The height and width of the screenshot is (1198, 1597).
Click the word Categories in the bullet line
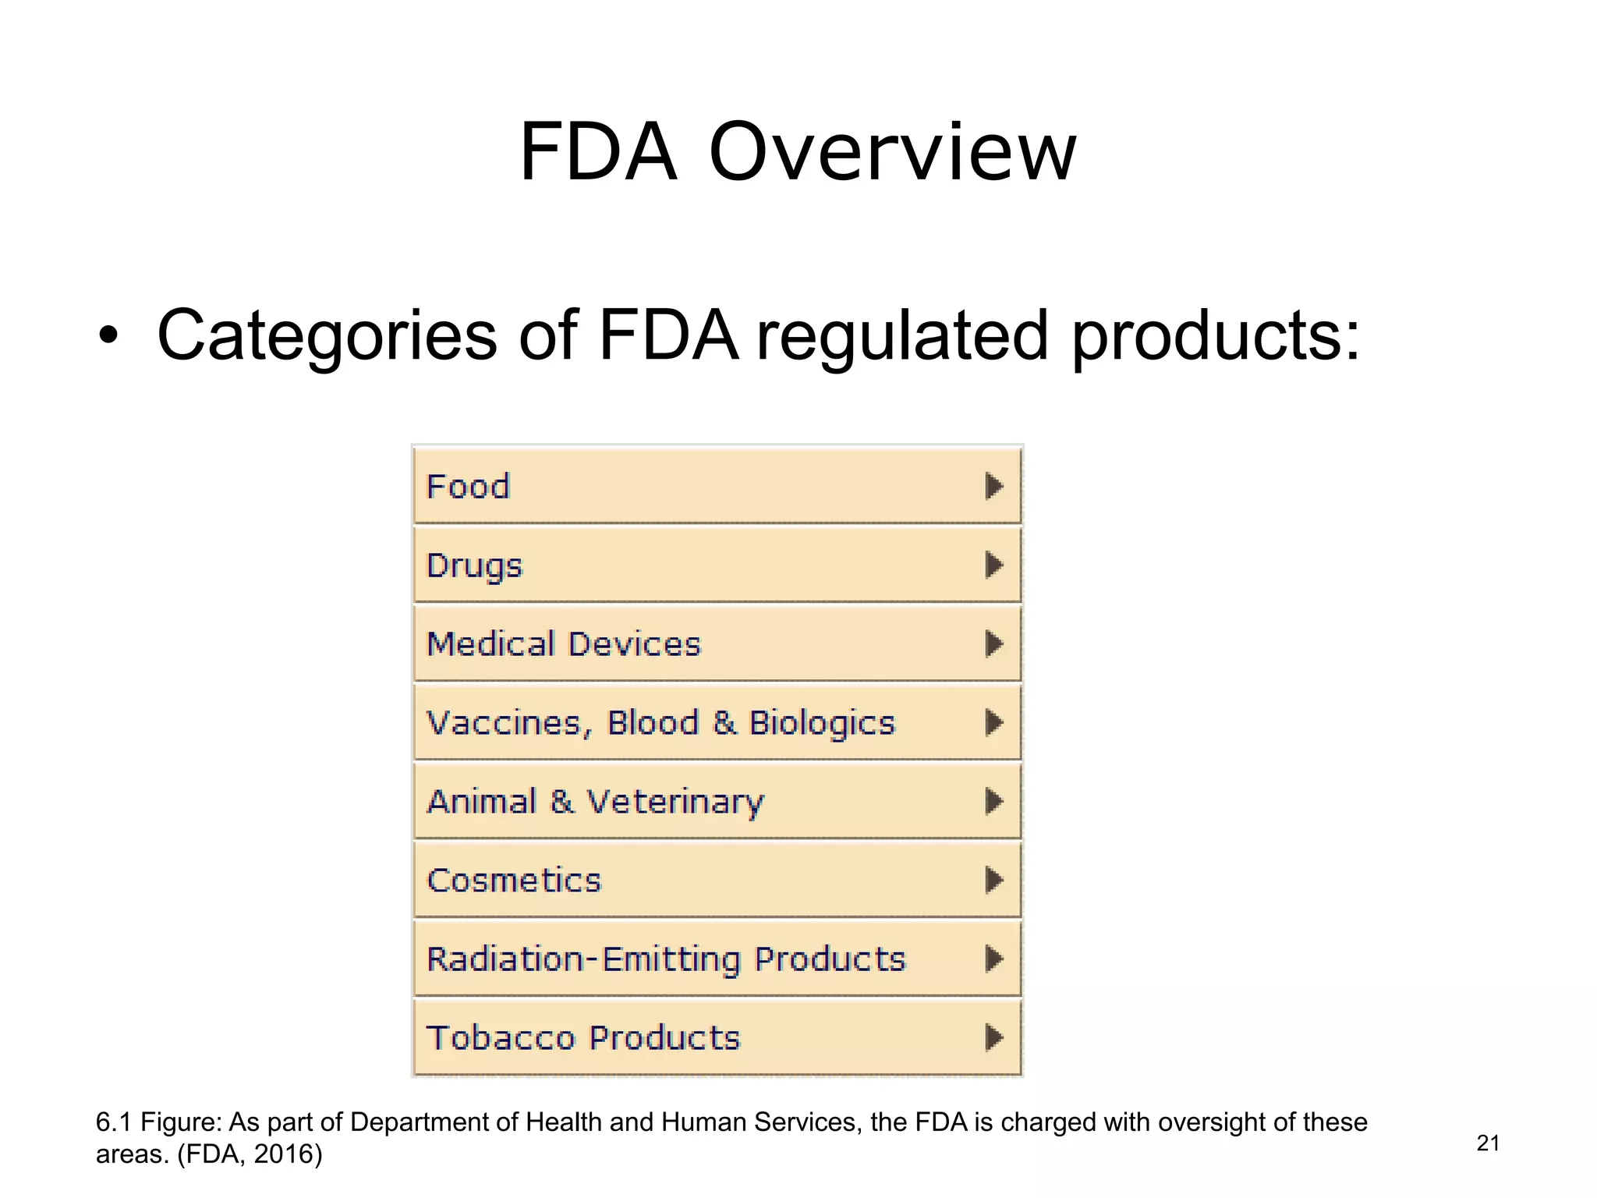click(x=327, y=335)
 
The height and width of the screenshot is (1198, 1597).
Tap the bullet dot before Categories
click(x=108, y=336)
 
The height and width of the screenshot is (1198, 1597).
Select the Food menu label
click(x=468, y=487)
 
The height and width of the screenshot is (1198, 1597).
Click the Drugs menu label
click(x=474, y=565)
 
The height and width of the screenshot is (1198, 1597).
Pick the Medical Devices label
click(x=564, y=644)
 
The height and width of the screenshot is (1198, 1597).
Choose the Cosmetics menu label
click(x=514, y=881)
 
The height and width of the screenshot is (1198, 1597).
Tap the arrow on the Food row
click(x=993, y=486)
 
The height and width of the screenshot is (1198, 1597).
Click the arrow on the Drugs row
click(x=993, y=565)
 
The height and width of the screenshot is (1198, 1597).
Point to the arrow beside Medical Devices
click(x=993, y=644)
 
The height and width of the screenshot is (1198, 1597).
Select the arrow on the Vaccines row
click(x=993, y=723)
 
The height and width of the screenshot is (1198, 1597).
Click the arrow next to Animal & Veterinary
click(x=993, y=801)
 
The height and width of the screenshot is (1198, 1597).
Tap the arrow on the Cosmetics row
click(x=993, y=880)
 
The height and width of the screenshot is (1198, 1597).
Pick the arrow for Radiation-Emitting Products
click(x=993, y=959)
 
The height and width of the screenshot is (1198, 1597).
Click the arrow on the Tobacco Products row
click(x=993, y=1037)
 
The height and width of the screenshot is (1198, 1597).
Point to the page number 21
click(x=1488, y=1143)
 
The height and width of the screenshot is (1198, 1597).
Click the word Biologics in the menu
click(x=822, y=724)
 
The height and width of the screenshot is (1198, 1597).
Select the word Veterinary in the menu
click(x=675, y=803)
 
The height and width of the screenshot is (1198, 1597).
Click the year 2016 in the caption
click(x=284, y=1154)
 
